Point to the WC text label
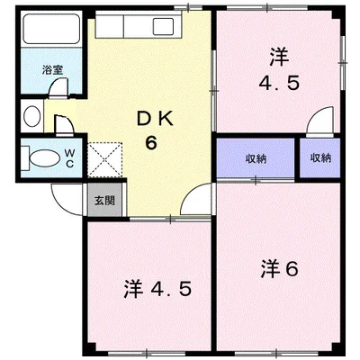[x=68, y=158]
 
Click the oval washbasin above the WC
[x=31, y=116]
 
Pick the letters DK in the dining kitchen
[x=154, y=120]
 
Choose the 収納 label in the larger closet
[x=256, y=157]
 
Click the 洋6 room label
[x=280, y=267]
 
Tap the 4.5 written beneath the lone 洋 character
[x=279, y=84]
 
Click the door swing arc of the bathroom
[x=58, y=88]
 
